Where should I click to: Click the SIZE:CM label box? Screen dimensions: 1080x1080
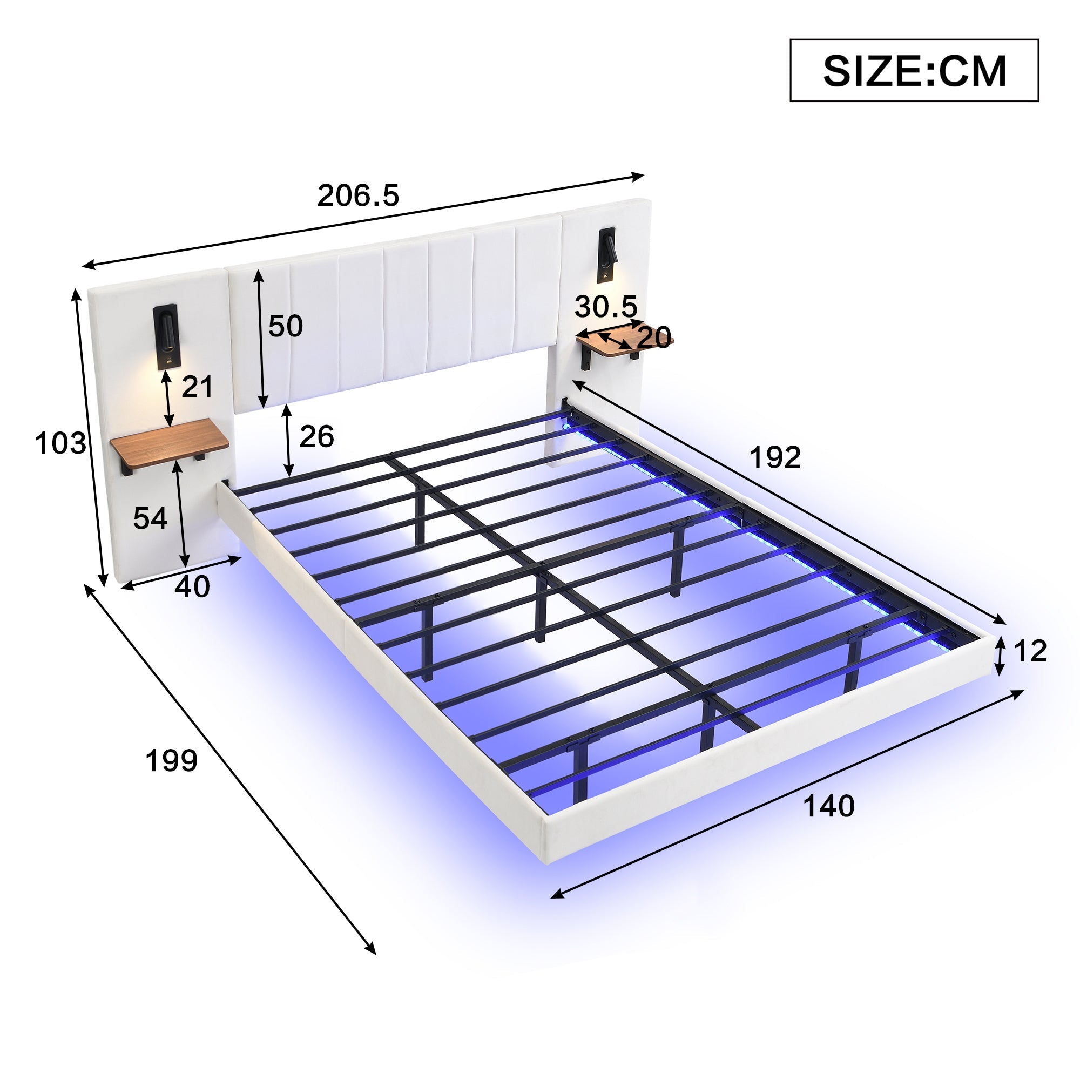914,70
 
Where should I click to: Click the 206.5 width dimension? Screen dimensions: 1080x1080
358,195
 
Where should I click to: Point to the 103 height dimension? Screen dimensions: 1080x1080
60,443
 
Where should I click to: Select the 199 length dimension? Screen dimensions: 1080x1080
171,760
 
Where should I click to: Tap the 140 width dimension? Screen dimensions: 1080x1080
828,806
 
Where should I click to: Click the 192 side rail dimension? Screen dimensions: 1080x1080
774,457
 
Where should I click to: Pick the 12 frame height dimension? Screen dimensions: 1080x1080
1030,651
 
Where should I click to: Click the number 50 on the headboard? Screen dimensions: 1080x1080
285,326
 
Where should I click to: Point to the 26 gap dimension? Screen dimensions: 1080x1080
316,436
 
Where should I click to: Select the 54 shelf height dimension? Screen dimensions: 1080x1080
150,518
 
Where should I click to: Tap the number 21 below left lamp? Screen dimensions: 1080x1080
197,387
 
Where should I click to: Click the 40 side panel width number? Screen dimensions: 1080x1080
192,586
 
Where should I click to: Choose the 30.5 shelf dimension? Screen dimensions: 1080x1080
606,307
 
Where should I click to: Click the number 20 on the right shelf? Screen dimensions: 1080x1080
654,337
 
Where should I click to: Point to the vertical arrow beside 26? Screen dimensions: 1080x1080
288,440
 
